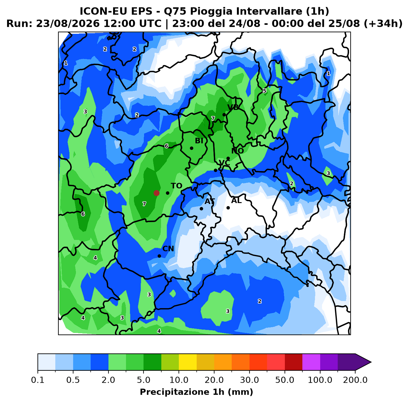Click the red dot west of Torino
156,193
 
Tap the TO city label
177,186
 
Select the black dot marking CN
159,256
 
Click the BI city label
199,141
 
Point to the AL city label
236,200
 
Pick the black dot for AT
201,209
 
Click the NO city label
238,151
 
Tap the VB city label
233,108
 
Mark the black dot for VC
215,170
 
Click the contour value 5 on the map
265,91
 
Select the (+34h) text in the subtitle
383,24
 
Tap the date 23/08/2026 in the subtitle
68,24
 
